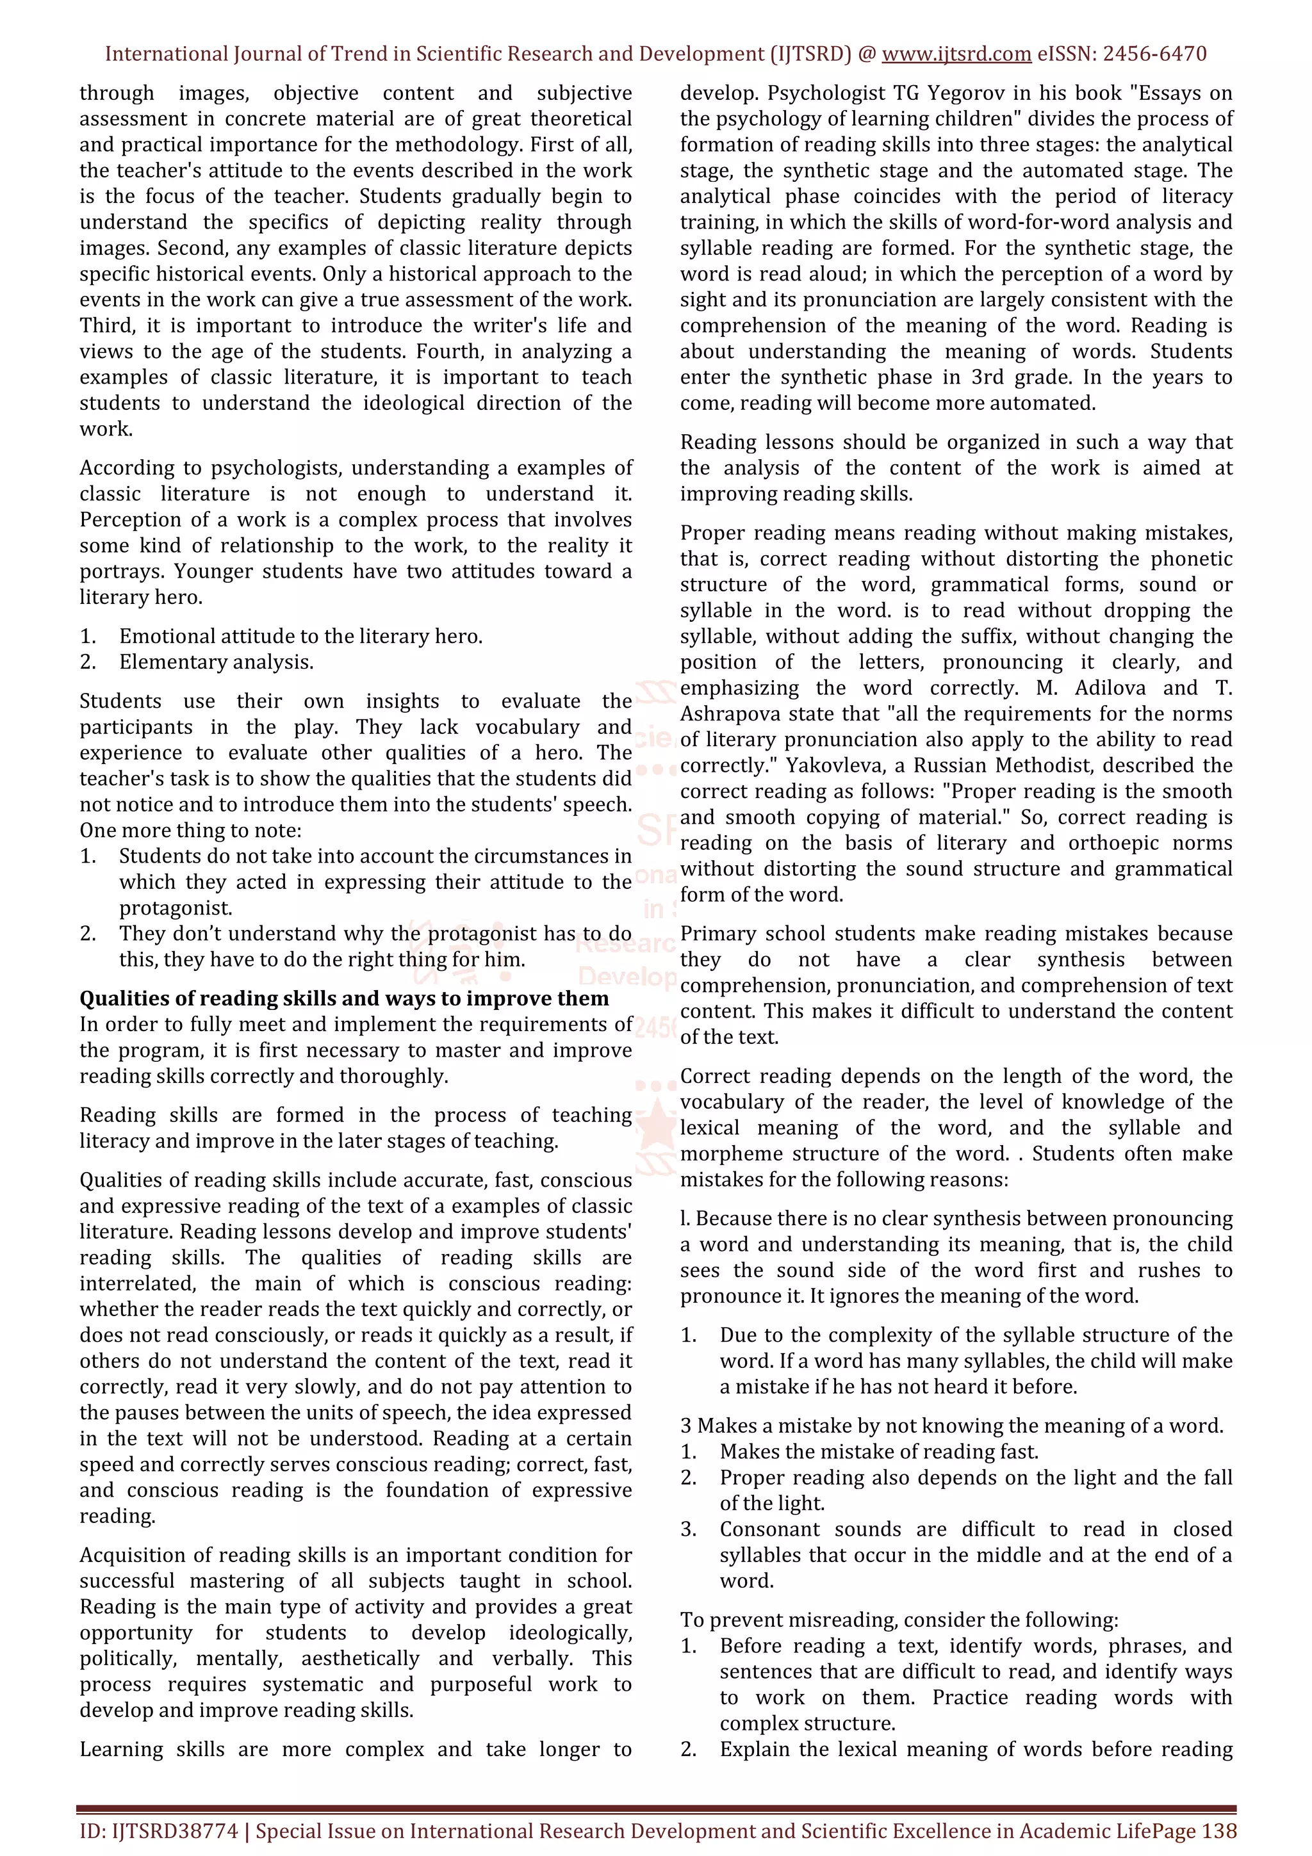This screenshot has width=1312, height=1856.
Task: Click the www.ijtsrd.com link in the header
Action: coord(956,54)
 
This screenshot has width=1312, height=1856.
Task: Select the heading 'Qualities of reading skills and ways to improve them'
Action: coord(343,998)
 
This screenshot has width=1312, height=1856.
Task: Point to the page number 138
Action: coord(1218,1831)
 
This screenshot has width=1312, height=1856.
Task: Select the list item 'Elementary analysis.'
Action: coord(216,662)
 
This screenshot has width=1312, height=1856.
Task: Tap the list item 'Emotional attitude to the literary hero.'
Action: coord(300,636)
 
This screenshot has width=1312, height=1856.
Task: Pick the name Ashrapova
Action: coord(728,714)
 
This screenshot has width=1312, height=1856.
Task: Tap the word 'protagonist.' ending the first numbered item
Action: coord(176,908)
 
